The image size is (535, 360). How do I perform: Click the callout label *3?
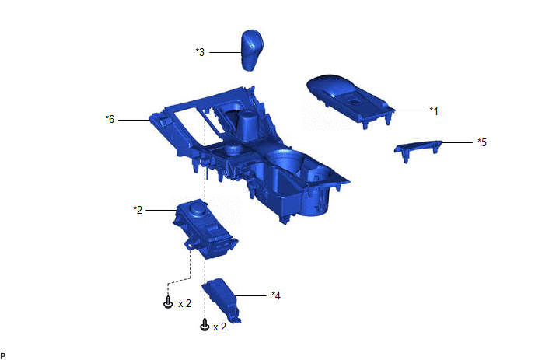tap(200, 52)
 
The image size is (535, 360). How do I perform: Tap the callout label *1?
tap(434, 111)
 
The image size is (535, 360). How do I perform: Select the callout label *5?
tap(482, 142)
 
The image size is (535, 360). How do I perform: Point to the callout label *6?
tap(110, 119)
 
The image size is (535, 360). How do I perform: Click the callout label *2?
tap(138, 210)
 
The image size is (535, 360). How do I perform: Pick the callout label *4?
tap(276, 295)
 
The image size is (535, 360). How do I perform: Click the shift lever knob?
tap(253, 50)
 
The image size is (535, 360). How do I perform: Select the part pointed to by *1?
tap(350, 100)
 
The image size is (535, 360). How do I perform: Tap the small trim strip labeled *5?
tap(418, 149)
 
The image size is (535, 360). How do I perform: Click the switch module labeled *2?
tap(204, 229)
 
